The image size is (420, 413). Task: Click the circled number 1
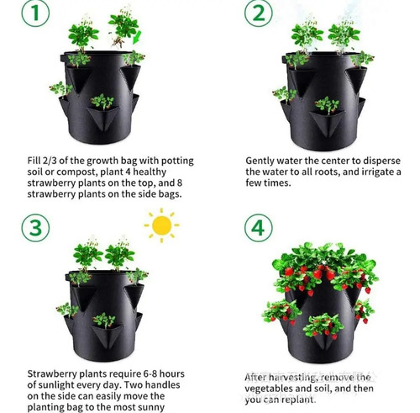(35, 13)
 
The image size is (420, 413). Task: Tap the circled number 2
(259, 13)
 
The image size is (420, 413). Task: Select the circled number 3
(35, 228)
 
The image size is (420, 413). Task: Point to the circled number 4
(258, 228)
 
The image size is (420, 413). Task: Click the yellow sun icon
(161, 225)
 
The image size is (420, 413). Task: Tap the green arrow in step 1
(137, 37)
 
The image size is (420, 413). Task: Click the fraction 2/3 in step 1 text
(50, 161)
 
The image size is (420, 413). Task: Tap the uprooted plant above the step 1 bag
(123, 27)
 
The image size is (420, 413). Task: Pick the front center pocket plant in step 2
(327, 104)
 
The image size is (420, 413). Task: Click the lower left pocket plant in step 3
(67, 310)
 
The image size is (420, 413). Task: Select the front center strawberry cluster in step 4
(323, 326)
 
